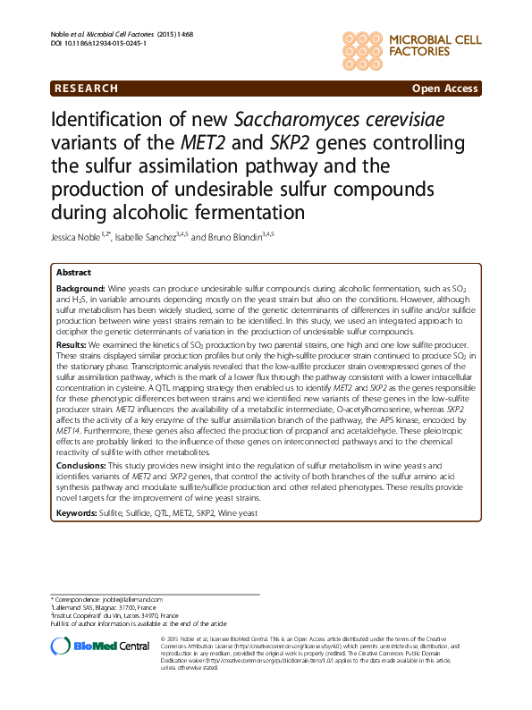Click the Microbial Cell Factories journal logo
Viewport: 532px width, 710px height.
pyautogui.click(x=410, y=44)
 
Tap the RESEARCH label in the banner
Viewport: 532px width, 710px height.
pyautogui.click(x=87, y=89)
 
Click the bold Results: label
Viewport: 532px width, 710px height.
pyautogui.click(x=72, y=344)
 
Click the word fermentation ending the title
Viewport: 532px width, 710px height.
pyautogui.click(x=243, y=213)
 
